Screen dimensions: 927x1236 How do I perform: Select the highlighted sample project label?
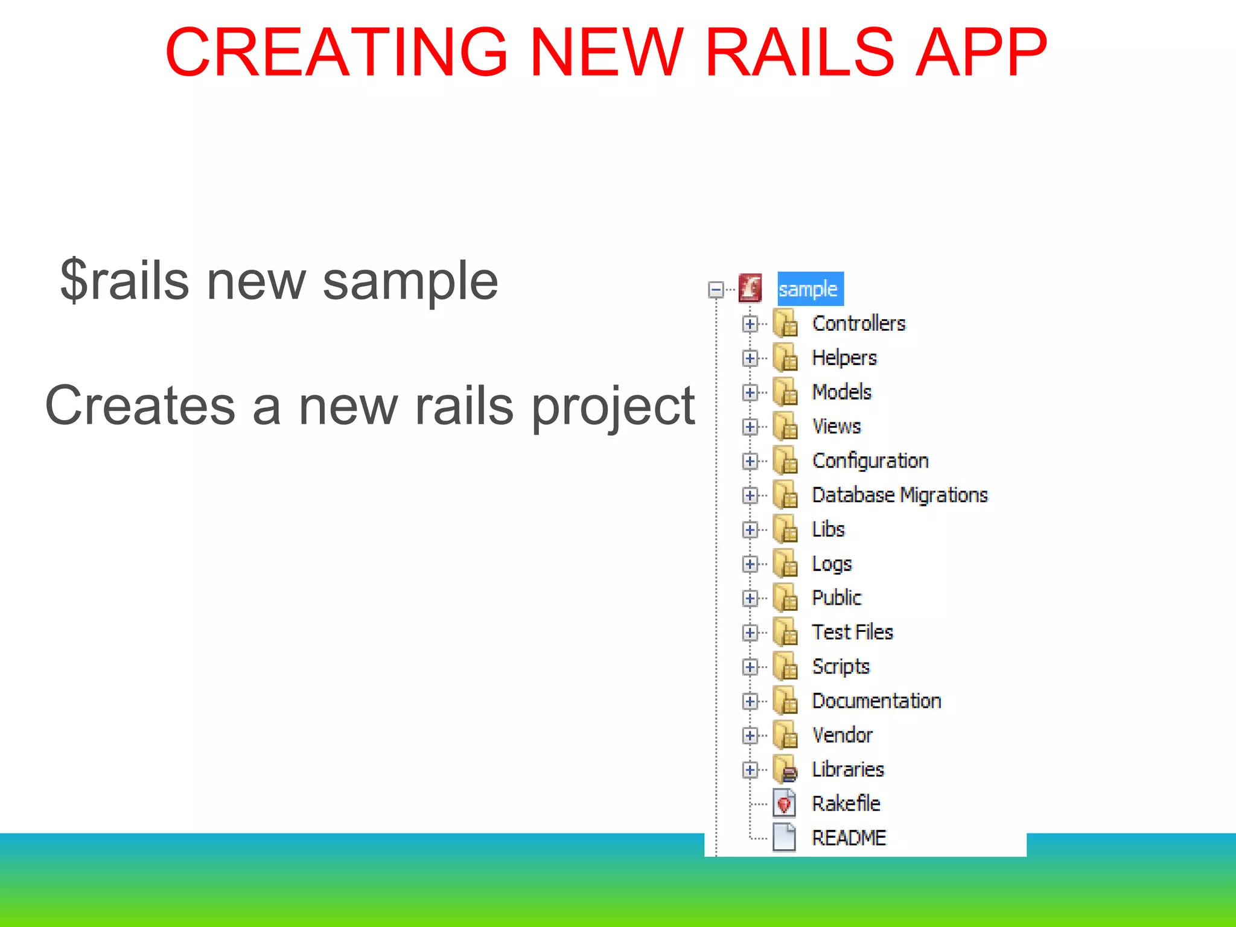coord(809,289)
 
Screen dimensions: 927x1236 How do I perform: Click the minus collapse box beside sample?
coord(716,290)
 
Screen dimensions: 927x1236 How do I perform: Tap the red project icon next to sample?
coord(750,288)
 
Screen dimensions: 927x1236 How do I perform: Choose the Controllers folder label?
coord(858,323)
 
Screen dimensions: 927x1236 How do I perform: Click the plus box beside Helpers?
coord(750,358)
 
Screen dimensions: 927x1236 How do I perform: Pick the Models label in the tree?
coord(841,392)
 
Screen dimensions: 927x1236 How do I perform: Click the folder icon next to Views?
coord(785,426)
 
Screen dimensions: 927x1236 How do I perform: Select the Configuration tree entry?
coord(870,461)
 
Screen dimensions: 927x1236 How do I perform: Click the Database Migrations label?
coord(899,495)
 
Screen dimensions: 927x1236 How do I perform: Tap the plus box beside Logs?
coord(750,564)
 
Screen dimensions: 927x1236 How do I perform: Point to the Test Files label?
coord(852,632)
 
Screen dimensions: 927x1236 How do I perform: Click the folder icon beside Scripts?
coord(785,666)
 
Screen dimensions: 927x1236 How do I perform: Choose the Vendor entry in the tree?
coord(842,735)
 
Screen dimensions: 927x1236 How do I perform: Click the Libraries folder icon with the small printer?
coord(785,769)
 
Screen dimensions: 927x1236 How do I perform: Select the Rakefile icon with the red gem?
coord(784,803)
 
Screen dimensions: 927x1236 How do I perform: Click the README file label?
coord(848,838)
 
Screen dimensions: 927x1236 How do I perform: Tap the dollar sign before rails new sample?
coord(75,280)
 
